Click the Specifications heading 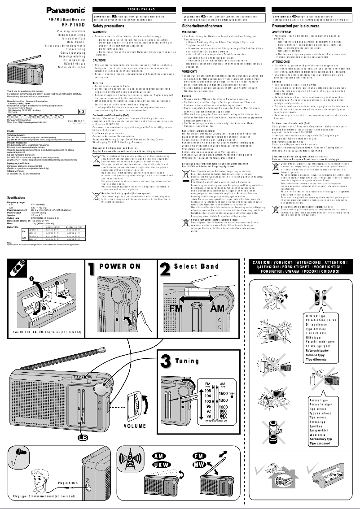pos(16,197)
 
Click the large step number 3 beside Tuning pos(166,362)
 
